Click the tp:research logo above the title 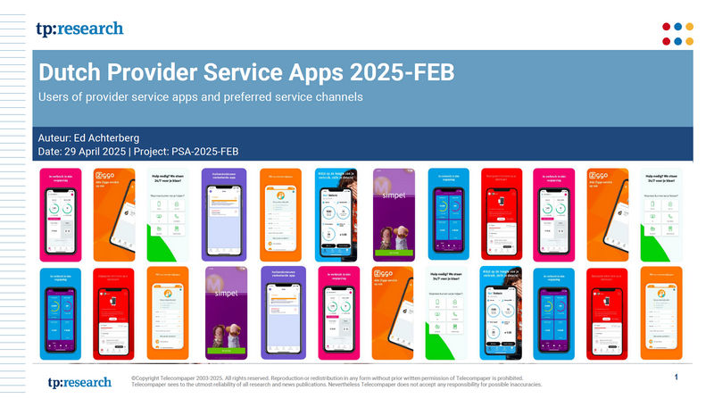[79, 29]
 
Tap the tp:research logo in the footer [79, 382]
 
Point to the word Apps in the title [343, 72]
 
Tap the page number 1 [677, 378]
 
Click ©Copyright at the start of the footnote [149, 378]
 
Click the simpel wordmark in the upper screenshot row [395, 194]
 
